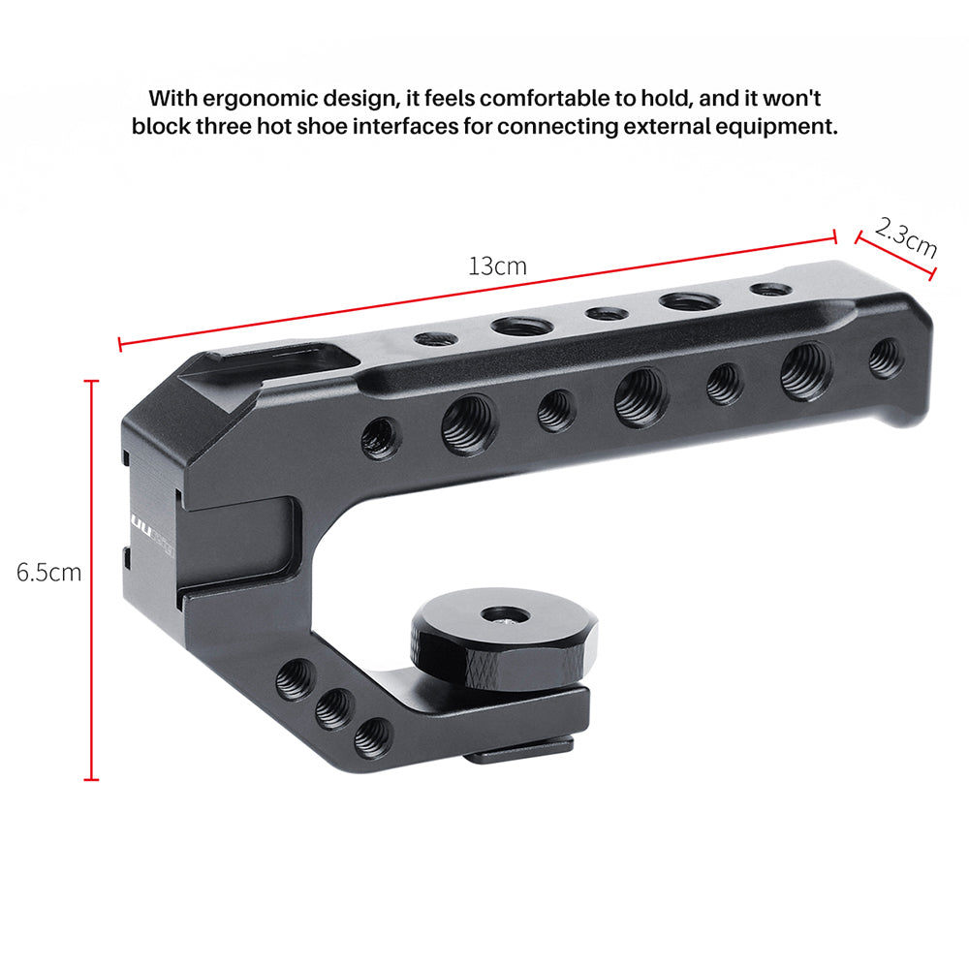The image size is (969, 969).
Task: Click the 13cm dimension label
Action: (x=497, y=266)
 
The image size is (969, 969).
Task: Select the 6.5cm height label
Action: (x=48, y=572)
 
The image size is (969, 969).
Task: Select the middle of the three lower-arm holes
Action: (x=334, y=710)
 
